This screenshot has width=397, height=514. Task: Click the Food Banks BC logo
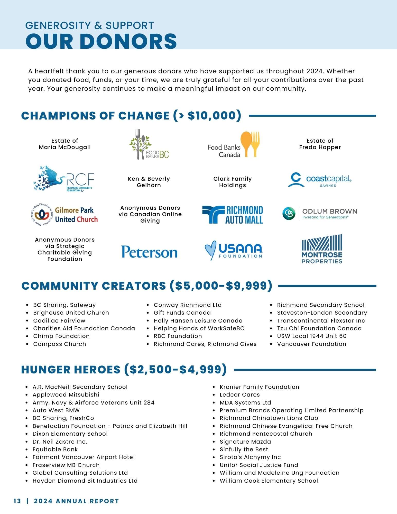click(x=149, y=144)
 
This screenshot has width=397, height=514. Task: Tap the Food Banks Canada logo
click(x=233, y=145)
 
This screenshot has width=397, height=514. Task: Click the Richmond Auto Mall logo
click(x=233, y=215)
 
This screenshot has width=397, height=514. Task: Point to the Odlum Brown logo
click(x=319, y=214)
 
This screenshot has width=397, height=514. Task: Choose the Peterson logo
click(x=149, y=252)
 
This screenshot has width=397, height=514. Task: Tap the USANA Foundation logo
click(x=233, y=250)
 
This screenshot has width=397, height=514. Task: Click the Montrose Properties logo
click(x=322, y=249)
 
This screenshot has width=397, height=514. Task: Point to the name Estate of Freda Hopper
click(x=320, y=144)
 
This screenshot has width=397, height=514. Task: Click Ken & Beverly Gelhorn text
click(x=149, y=182)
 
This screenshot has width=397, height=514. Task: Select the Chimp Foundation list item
click(x=61, y=336)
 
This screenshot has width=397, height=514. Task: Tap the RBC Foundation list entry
click(x=178, y=336)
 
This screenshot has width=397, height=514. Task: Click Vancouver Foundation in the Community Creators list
click(x=311, y=344)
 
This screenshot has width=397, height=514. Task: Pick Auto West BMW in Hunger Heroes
click(x=56, y=410)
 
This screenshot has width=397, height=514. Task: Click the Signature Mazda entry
click(x=245, y=442)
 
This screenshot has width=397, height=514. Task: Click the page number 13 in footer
click(x=17, y=501)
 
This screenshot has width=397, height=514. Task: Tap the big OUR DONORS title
click(x=101, y=41)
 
